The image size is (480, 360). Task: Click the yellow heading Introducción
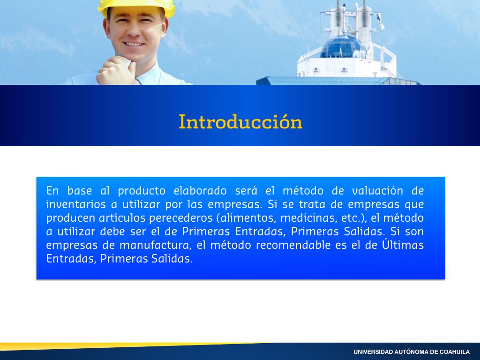pos(240,121)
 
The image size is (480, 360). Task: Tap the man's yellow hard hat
pos(137,7)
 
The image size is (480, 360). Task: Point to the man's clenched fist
pos(116,71)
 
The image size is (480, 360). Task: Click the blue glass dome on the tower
pos(343,46)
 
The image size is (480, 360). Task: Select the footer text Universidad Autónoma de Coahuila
pos(412,352)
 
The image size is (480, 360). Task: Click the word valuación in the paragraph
pos(377,191)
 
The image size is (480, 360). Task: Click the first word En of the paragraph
pos(52,191)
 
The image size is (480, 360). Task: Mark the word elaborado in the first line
pos(200,191)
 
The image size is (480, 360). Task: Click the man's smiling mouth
pos(134,44)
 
